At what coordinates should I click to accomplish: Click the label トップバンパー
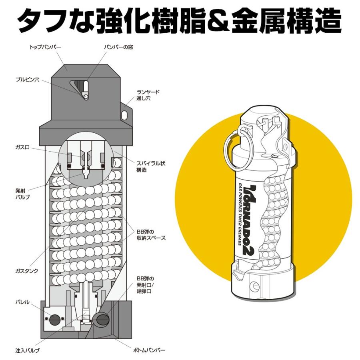tap(45, 47)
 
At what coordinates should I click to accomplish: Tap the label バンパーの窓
tap(118, 47)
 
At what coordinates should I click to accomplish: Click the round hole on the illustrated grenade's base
tap(253, 286)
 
